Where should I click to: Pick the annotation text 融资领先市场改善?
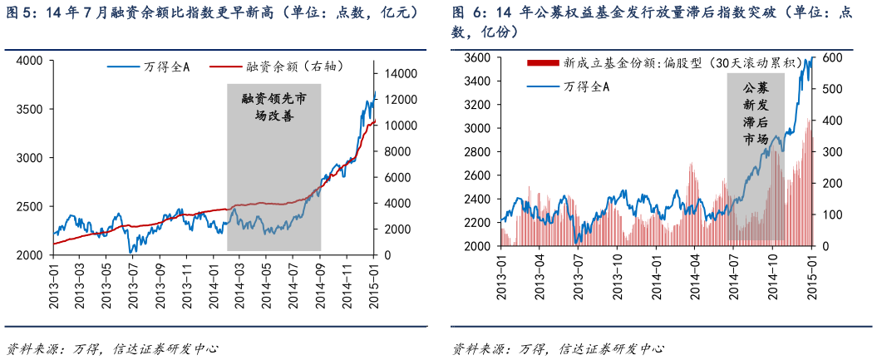coord(273,107)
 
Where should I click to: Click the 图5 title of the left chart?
coord(213,14)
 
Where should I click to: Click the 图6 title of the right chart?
coord(652,22)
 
